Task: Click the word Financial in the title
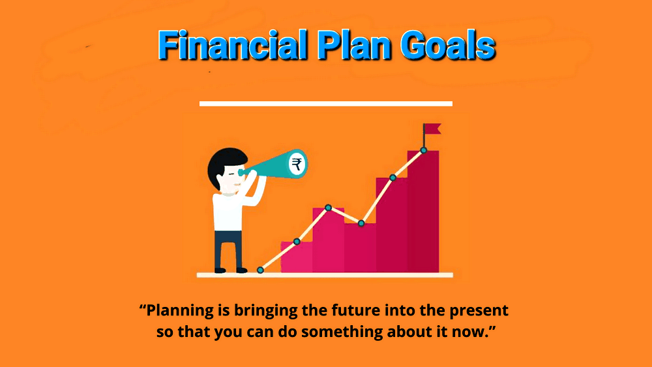[233, 45]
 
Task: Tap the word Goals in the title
[448, 45]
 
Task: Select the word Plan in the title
[354, 45]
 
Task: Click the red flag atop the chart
[432, 129]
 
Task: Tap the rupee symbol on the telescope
[297, 164]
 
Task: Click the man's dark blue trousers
[228, 251]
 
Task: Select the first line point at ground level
[260, 270]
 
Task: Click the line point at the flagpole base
[423, 150]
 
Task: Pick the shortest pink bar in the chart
[297, 257]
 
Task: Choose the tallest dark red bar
[423, 212]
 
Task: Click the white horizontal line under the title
[326, 104]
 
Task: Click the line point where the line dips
[361, 223]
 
